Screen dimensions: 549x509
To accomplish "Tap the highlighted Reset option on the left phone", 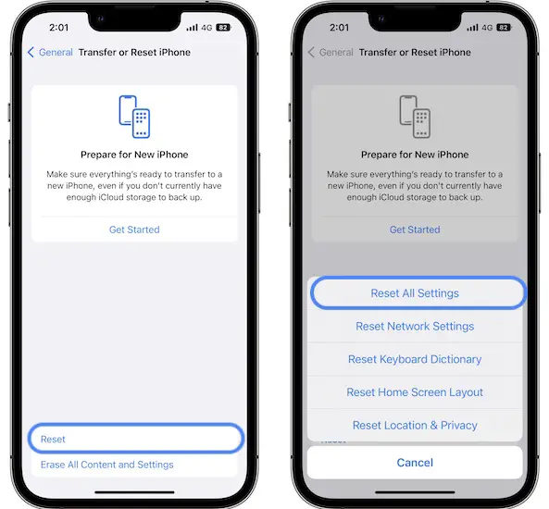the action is click(53, 439).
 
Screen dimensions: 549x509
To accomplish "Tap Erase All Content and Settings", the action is click(107, 465).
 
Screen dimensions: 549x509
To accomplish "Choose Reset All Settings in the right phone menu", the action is click(415, 293).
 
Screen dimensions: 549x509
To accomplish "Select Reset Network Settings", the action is click(415, 326).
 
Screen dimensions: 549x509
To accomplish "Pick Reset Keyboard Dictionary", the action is click(415, 359).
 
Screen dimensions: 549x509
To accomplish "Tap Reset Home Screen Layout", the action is click(415, 392).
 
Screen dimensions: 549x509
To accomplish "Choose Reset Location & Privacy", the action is click(415, 425).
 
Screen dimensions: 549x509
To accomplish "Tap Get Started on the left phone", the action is click(134, 230).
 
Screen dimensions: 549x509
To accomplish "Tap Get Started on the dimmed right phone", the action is click(415, 230).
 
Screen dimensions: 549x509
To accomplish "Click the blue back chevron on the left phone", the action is click(31, 52).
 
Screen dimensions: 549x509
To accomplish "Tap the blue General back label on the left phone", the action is click(56, 52).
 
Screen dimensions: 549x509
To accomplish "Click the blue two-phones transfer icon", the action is click(134, 117).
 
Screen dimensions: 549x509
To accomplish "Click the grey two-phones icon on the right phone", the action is click(415, 117).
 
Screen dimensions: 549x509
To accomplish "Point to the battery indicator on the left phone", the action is click(224, 28).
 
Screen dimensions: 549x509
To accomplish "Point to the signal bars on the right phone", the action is click(472, 28).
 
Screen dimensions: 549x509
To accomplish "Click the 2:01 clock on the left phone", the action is click(59, 28).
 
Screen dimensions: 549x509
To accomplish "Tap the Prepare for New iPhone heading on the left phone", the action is click(134, 155).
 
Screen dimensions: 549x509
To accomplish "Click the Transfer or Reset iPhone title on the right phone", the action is click(415, 52).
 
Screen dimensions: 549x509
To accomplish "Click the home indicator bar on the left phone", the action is click(134, 492).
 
